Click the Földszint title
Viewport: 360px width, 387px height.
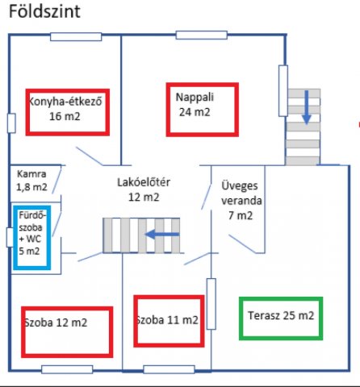point(44,11)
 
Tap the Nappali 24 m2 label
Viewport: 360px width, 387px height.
point(195,105)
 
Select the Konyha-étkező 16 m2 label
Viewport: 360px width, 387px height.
point(65,109)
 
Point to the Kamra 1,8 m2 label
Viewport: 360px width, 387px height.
point(31,181)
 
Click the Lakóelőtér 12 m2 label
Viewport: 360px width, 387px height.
point(144,189)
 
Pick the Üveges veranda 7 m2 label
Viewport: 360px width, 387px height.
point(241,201)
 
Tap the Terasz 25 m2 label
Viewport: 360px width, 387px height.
point(281,315)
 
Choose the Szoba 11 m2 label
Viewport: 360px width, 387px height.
point(167,320)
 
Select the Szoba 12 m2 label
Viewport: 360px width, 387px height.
point(56,322)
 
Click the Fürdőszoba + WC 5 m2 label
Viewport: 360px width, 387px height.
point(31,233)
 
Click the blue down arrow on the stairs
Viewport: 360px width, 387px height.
point(307,107)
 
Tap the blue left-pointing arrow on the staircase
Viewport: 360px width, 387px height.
point(162,234)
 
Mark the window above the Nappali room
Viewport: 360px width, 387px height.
point(202,35)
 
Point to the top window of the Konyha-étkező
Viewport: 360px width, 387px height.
point(76,37)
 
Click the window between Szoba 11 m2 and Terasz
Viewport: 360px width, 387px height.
point(211,304)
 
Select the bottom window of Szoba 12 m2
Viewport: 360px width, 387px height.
point(67,369)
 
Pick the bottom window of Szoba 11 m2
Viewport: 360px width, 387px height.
point(169,369)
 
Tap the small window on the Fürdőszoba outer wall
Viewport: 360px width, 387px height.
point(10,237)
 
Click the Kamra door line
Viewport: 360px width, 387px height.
point(57,180)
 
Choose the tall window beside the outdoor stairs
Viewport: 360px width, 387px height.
point(283,91)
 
